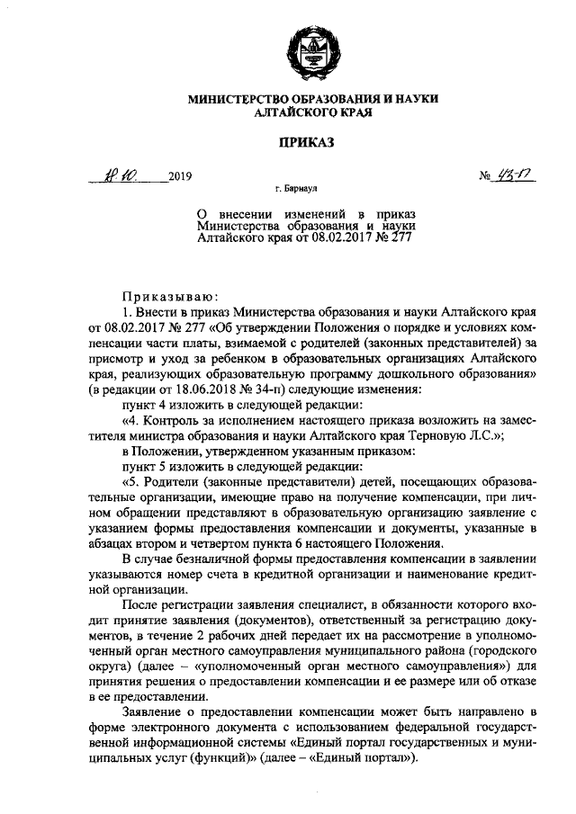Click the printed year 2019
181,177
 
